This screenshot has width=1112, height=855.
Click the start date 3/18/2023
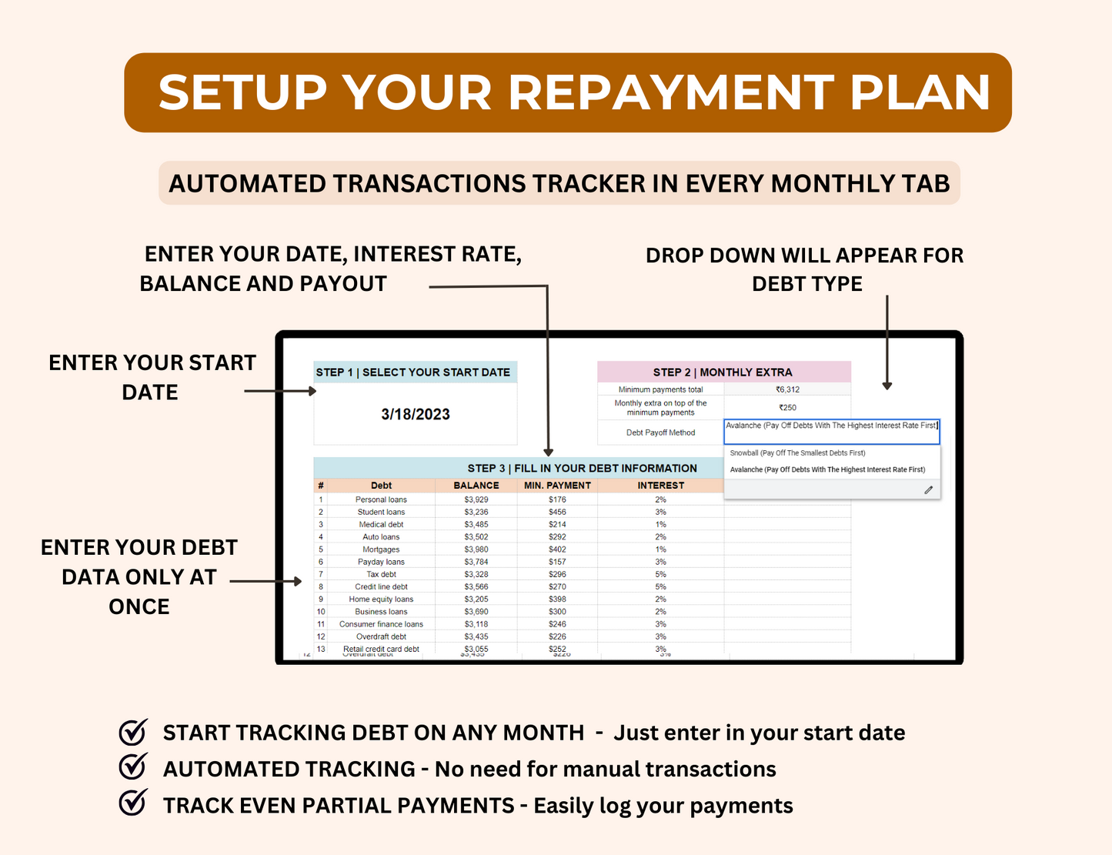tap(416, 414)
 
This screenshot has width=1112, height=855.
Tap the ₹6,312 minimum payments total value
tap(787, 389)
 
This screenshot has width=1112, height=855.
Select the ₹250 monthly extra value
tap(787, 408)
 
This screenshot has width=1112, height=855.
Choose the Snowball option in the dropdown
tap(797, 453)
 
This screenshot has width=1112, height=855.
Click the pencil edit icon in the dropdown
tap(928, 490)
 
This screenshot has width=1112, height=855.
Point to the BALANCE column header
tap(476, 486)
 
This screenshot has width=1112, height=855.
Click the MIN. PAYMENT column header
tap(557, 486)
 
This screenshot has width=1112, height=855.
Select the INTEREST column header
tap(660, 486)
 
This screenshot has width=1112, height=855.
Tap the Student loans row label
tap(381, 512)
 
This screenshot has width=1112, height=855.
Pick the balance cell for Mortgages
tap(476, 549)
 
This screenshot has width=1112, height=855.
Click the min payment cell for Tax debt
tap(557, 574)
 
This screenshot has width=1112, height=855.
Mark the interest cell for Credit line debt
tap(660, 586)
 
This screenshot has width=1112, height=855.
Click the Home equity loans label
tap(381, 599)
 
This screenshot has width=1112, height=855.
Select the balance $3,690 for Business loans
tap(476, 612)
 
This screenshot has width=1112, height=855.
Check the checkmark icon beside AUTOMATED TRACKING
tap(133, 768)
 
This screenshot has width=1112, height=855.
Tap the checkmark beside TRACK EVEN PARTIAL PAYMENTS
tap(133, 804)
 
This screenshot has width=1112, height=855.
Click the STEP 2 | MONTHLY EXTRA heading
tap(723, 372)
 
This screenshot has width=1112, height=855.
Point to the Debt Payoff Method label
tap(660, 433)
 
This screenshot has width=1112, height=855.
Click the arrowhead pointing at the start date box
tap(312, 391)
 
